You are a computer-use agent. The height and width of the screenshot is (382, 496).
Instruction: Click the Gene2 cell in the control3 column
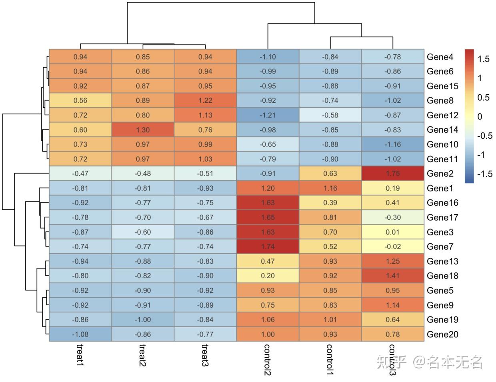[x=392, y=173]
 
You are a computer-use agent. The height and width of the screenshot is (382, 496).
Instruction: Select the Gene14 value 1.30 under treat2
[x=143, y=130]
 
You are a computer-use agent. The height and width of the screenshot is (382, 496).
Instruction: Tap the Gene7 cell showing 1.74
[x=268, y=247]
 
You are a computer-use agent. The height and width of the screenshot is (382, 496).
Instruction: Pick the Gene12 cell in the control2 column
[x=268, y=115]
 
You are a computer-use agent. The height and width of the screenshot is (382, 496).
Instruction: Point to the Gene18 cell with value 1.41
[x=392, y=276]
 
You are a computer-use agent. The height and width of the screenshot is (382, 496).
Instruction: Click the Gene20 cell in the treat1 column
[x=80, y=334]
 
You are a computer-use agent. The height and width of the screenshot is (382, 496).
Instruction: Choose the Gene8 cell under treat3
[x=205, y=100]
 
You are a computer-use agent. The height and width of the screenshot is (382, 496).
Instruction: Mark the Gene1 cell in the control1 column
[x=330, y=188]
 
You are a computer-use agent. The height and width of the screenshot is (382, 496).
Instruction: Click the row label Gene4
[x=440, y=57]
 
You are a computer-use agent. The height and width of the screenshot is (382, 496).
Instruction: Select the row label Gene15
[x=442, y=86]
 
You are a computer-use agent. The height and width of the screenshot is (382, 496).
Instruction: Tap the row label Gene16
[x=442, y=203]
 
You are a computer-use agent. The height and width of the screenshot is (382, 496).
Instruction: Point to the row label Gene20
[x=442, y=334]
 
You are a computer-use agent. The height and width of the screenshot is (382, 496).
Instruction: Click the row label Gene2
[x=440, y=173]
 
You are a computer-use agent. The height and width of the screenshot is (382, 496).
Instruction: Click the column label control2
[x=268, y=359]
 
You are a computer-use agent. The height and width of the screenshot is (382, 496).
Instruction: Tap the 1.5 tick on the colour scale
[x=484, y=59]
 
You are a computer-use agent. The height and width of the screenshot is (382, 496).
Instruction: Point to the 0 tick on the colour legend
[x=480, y=117]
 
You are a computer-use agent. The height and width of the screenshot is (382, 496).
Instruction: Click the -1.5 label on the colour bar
[x=485, y=174]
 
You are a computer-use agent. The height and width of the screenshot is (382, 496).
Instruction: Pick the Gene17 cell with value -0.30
[x=392, y=217]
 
